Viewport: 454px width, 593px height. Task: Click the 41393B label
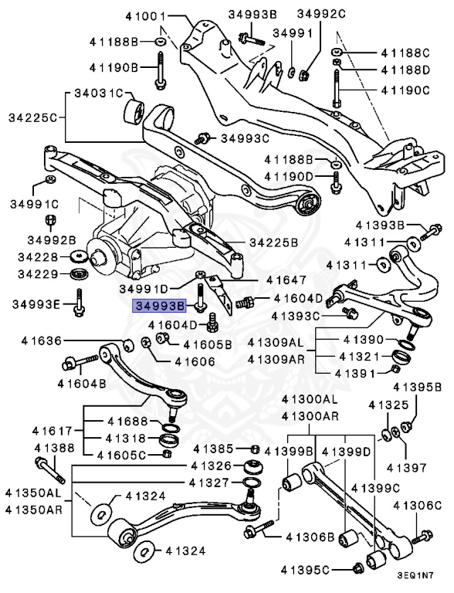pos(380,225)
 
